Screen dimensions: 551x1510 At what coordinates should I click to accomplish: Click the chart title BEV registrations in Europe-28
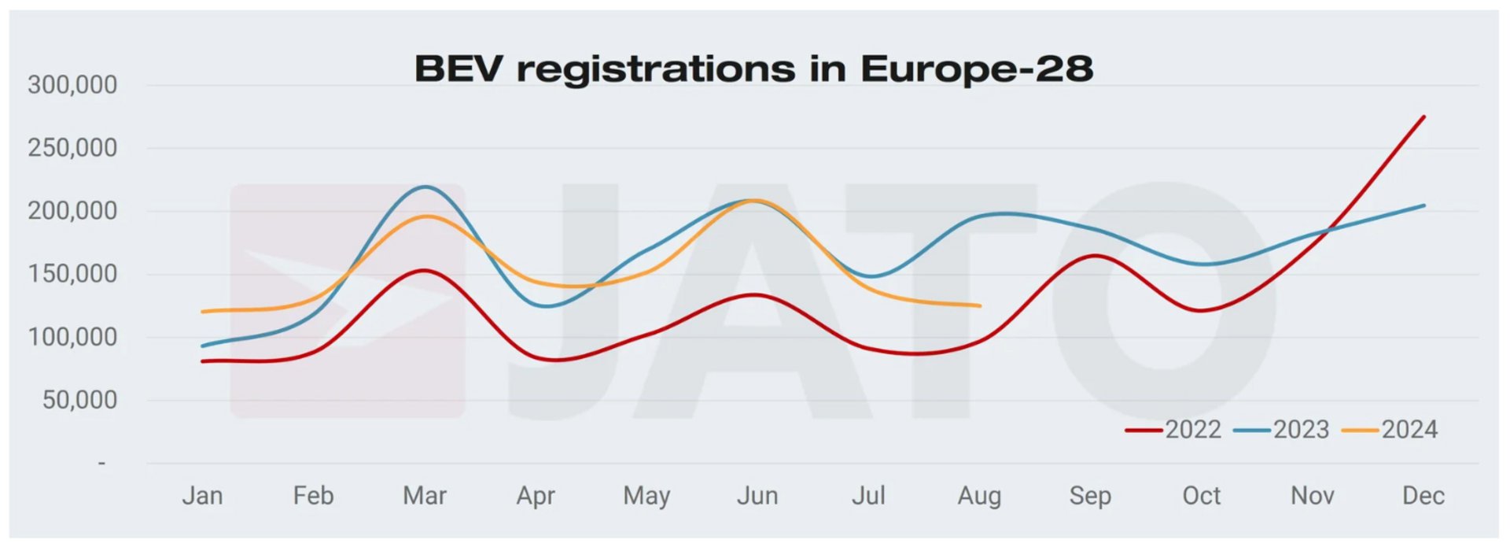pyautogui.click(x=753, y=69)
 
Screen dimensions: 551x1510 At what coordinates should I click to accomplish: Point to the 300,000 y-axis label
pyautogui.click(x=72, y=85)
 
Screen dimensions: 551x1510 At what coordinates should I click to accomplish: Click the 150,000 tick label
pyautogui.click(x=72, y=274)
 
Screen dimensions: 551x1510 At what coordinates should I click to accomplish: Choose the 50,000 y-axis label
pyautogui.click(x=79, y=400)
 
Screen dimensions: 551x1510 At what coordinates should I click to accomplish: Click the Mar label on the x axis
pyautogui.click(x=425, y=496)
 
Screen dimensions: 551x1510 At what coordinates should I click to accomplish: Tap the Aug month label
pyautogui.click(x=979, y=496)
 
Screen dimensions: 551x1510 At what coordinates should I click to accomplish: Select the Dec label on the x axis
pyautogui.click(x=1423, y=496)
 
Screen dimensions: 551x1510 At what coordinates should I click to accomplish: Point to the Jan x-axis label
pyautogui.click(x=202, y=496)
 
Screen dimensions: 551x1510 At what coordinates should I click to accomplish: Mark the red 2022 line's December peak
pyautogui.click(x=1423, y=117)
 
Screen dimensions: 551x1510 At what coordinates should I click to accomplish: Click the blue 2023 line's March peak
pyautogui.click(x=425, y=187)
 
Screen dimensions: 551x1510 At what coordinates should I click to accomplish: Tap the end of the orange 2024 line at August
pyautogui.click(x=980, y=305)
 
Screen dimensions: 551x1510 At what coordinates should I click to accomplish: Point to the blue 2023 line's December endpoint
pyautogui.click(x=1423, y=205)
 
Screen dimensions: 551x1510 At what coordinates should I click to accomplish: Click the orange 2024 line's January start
pyautogui.click(x=203, y=312)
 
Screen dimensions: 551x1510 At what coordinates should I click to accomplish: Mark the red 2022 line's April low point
pyautogui.click(x=554, y=361)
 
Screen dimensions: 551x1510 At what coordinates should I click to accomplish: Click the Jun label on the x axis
pyautogui.click(x=757, y=496)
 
